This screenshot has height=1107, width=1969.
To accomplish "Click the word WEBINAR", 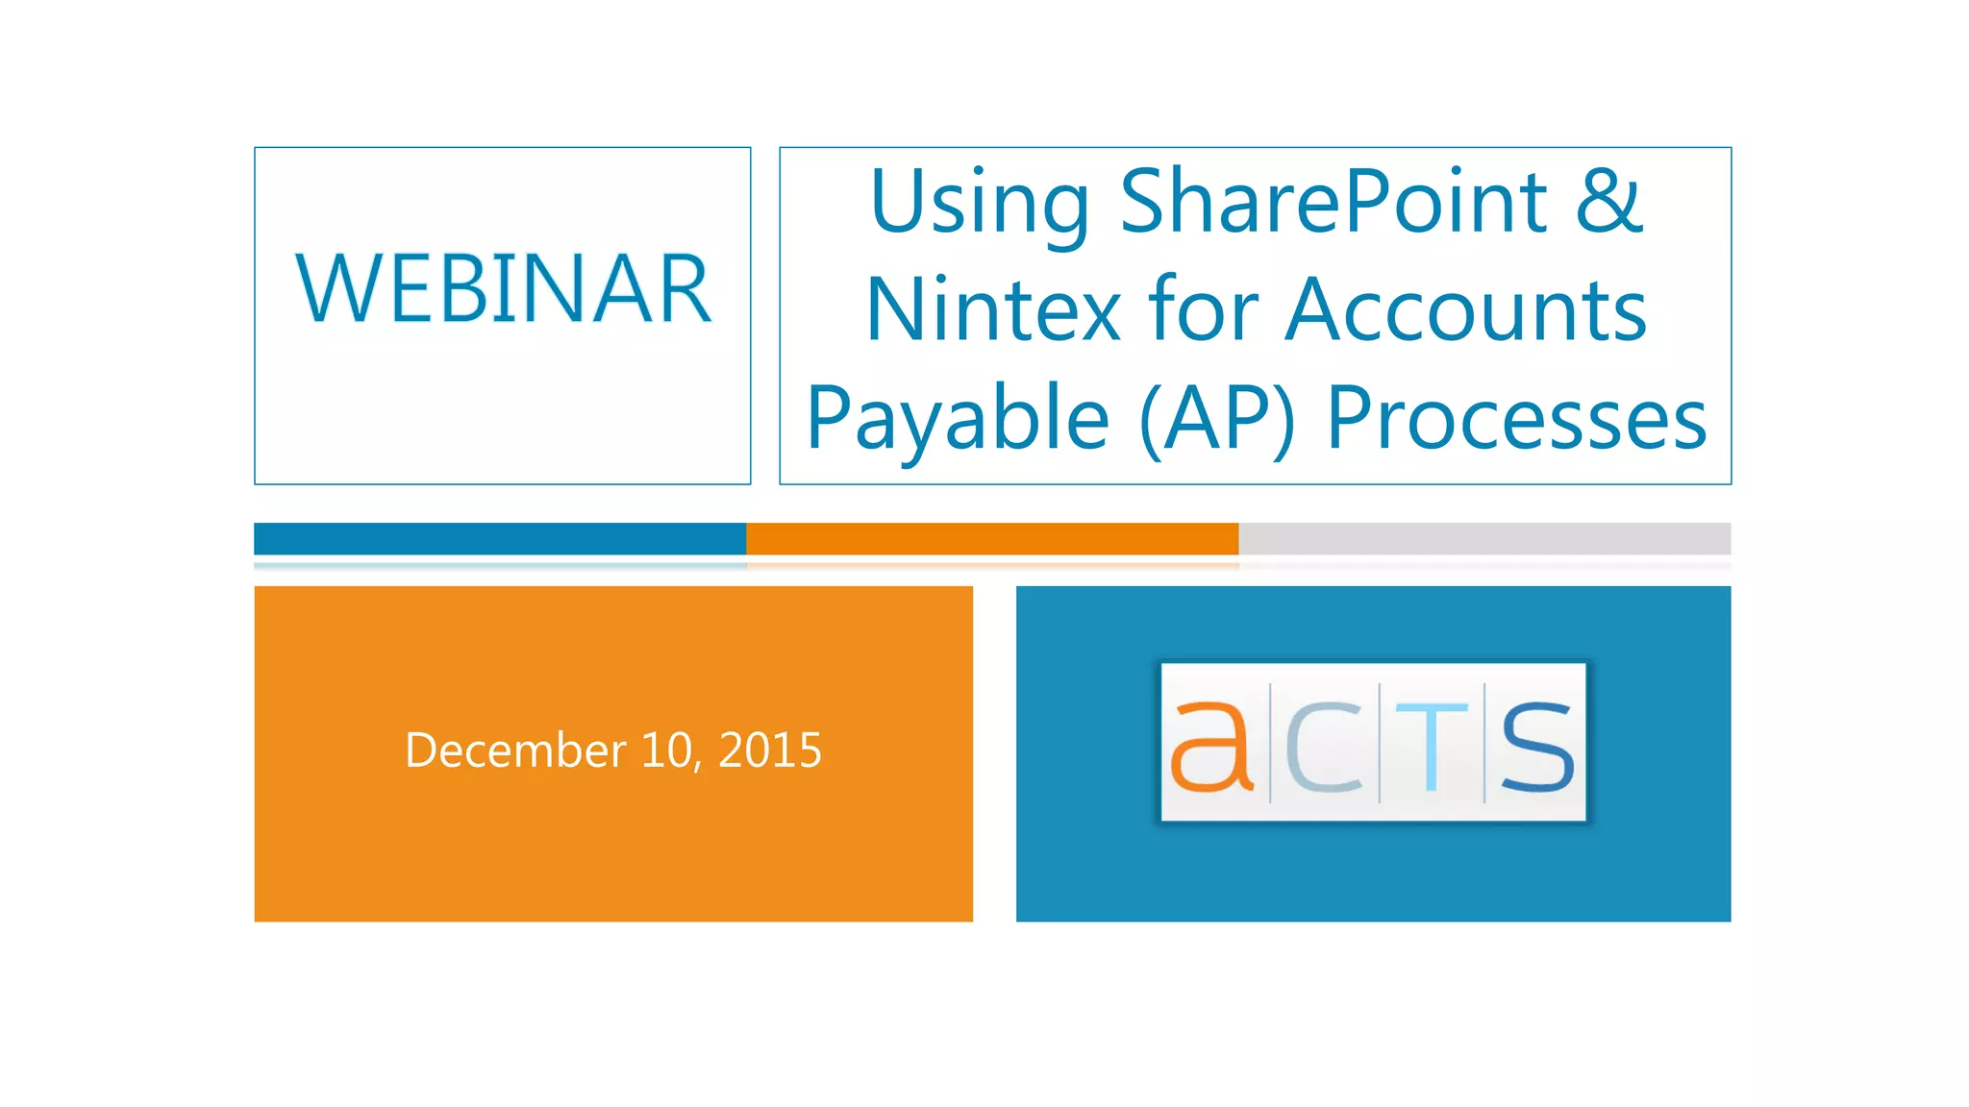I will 503,288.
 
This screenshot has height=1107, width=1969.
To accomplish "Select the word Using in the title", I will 979,204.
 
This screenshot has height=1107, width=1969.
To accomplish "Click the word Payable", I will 958,419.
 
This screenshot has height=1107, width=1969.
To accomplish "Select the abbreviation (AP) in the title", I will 1217,419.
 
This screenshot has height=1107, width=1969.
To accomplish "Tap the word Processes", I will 1516,419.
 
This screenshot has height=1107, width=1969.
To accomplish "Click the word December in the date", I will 515,750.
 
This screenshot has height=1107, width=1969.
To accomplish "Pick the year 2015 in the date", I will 770,750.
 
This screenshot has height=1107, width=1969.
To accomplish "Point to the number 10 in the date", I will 667,750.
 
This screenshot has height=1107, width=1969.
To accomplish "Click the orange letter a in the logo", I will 1210,747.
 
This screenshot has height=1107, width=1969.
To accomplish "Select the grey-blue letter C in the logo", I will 1324,747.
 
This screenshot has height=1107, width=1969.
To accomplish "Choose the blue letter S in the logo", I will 1536,747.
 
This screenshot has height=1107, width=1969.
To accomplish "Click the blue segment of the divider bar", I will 500,539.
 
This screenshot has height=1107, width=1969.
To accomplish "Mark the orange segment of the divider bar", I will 992,539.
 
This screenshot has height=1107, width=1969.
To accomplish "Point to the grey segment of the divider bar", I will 1484,539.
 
